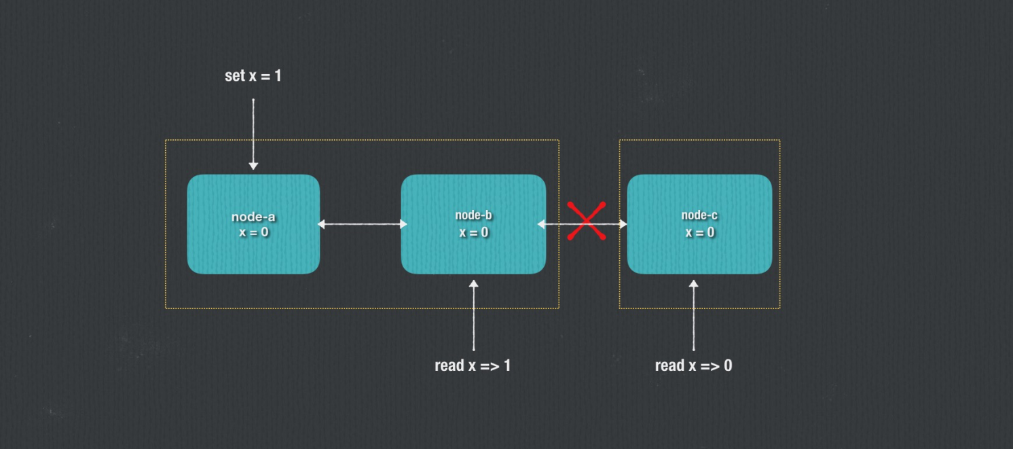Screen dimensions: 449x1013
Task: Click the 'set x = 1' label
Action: point(253,75)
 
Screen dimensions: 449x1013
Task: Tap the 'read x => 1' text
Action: point(473,365)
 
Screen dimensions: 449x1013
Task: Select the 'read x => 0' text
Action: point(693,365)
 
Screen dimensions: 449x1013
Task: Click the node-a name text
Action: point(253,217)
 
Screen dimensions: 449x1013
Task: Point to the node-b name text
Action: point(473,215)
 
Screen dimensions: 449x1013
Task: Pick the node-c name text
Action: point(699,215)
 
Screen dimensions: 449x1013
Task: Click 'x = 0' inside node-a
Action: point(253,232)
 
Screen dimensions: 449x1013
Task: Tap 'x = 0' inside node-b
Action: point(473,232)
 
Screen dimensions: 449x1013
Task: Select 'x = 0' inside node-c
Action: point(699,232)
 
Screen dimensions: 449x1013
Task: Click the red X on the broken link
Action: point(586,221)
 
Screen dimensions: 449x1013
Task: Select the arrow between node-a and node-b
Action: point(362,224)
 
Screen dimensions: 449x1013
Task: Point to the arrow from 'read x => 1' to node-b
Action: point(473,315)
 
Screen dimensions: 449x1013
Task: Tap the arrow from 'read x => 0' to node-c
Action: point(693,315)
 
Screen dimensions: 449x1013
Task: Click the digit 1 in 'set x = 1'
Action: point(277,75)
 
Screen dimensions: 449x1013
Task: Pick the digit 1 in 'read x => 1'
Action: point(506,365)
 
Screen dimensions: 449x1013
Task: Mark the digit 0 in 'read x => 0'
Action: point(728,365)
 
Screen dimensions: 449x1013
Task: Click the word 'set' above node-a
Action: point(234,75)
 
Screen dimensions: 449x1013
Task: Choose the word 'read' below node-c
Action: point(669,365)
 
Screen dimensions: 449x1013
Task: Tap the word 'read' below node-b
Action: point(449,365)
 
